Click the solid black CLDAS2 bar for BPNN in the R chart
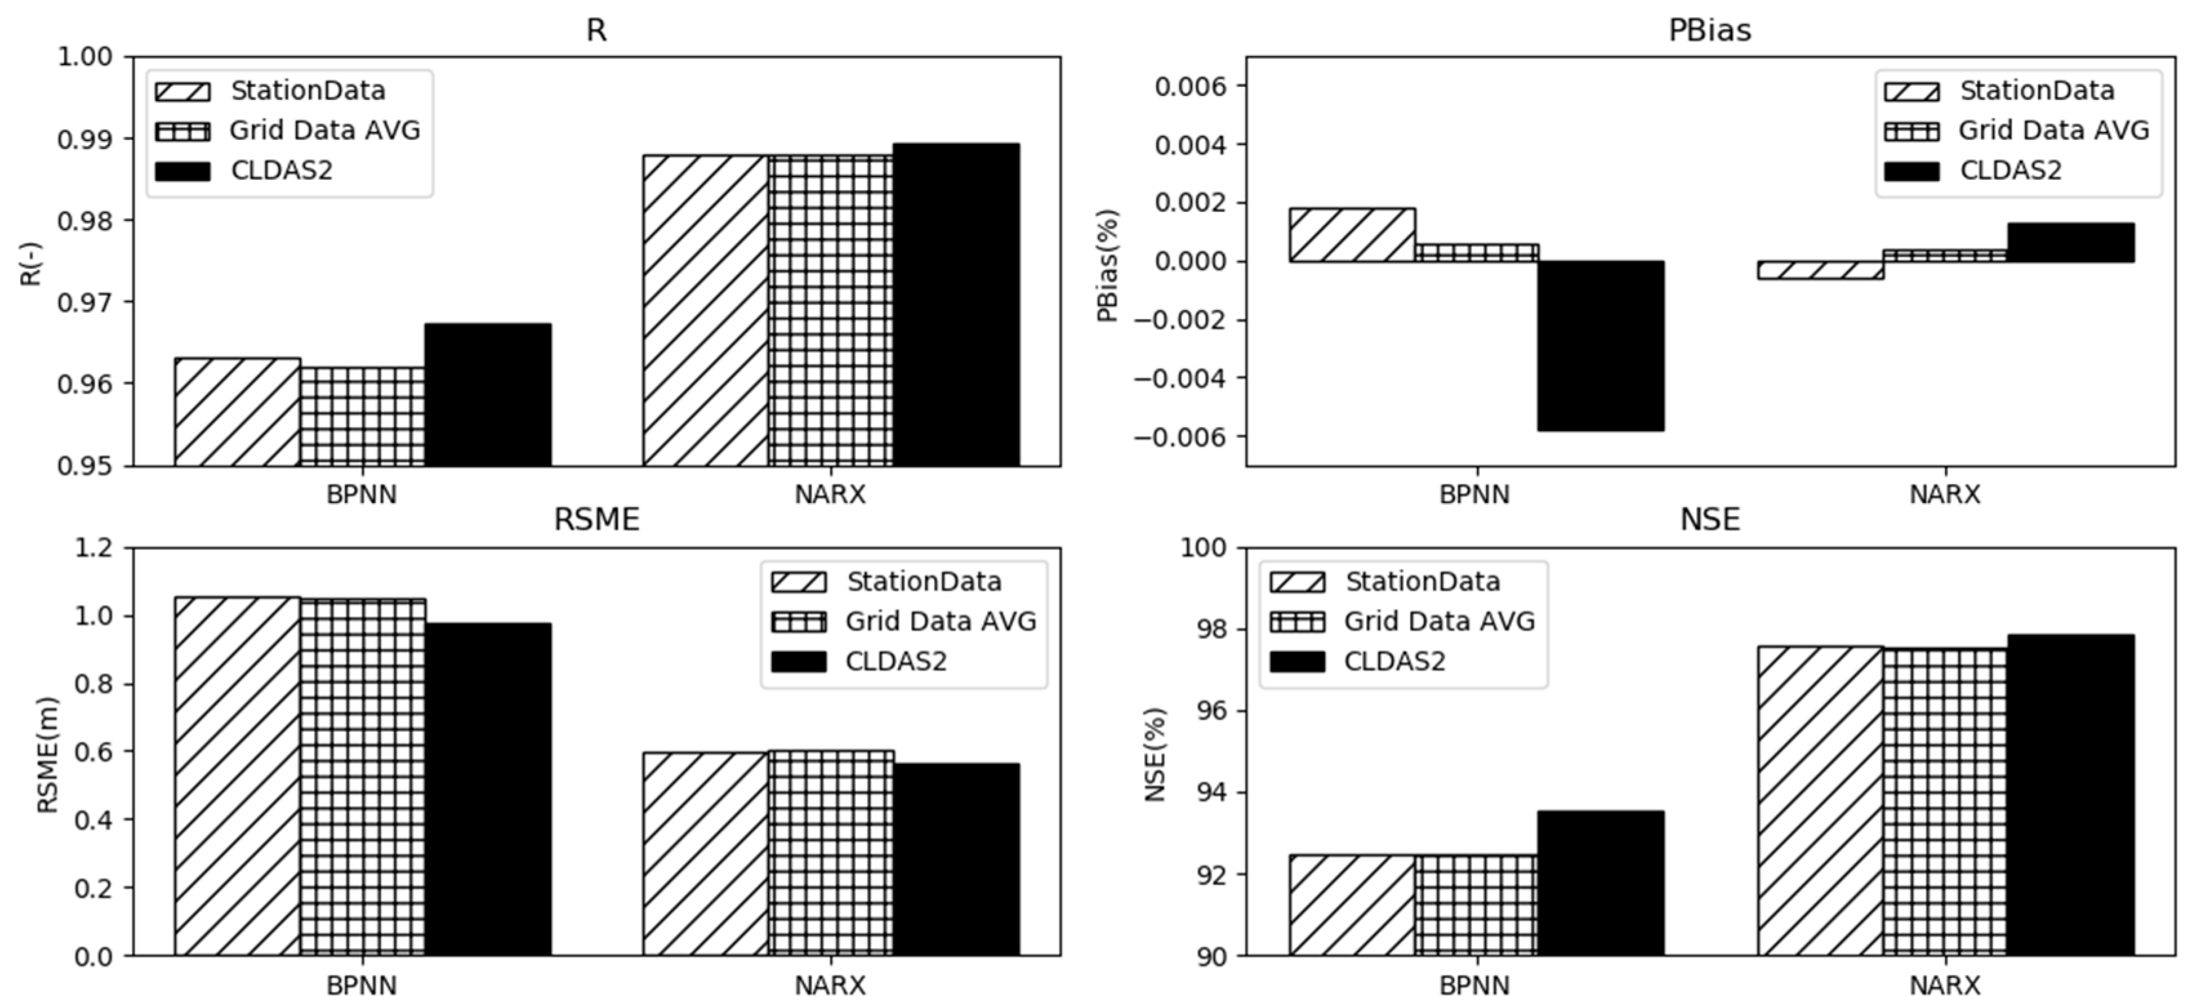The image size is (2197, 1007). pos(488,395)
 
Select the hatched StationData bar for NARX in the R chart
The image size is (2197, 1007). pos(705,311)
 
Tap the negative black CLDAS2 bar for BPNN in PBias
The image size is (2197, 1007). pos(1601,345)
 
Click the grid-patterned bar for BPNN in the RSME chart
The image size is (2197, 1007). pos(362,776)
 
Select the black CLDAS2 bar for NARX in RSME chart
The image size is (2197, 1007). pos(956,859)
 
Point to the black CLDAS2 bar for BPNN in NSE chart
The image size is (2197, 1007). pos(1601,883)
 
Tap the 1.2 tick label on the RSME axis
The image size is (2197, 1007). pos(94,548)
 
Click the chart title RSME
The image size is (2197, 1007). pos(596,519)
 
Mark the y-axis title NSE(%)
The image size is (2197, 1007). pos(1154,754)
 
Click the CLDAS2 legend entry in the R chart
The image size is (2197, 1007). pos(282,171)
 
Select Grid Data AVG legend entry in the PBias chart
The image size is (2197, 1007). pos(2053,130)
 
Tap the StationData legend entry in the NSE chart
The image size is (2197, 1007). pos(1421,582)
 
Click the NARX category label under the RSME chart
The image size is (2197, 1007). pos(830,986)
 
